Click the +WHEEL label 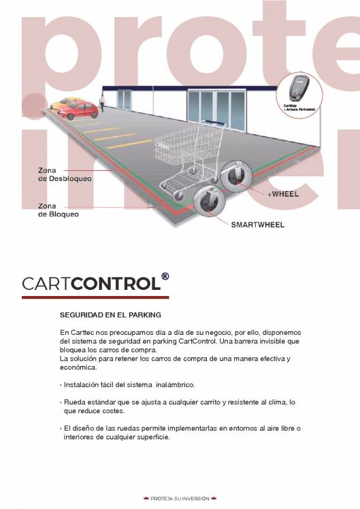tap(283, 194)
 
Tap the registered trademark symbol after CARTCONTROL tap(165, 278)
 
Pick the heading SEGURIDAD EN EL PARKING tap(110, 315)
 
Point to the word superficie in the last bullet tap(154, 437)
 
